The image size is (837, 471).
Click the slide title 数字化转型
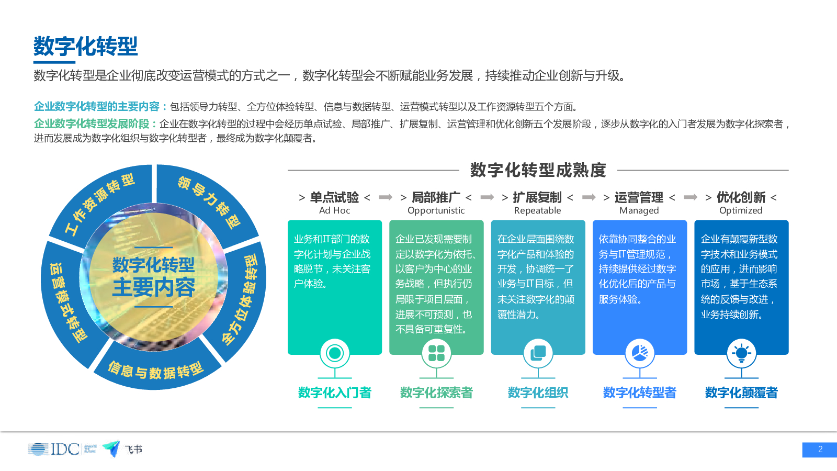[86, 46]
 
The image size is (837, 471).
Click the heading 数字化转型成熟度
[538, 170]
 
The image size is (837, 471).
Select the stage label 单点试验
[334, 197]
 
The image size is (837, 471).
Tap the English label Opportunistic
[436, 210]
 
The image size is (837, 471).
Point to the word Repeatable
[537, 210]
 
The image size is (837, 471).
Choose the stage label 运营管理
[639, 197]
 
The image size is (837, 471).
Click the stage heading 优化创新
[741, 197]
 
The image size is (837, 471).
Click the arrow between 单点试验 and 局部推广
[386, 197]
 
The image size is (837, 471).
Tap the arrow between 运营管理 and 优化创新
[691, 197]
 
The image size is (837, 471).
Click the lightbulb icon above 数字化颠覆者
[741, 353]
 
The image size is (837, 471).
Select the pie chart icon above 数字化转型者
[640, 353]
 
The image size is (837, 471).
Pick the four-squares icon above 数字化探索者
[436, 353]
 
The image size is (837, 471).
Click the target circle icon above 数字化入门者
[335, 353]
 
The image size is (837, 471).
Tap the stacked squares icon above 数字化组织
[538, 353]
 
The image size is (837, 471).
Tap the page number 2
[820, 450]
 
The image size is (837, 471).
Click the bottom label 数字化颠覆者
[741, 392]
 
